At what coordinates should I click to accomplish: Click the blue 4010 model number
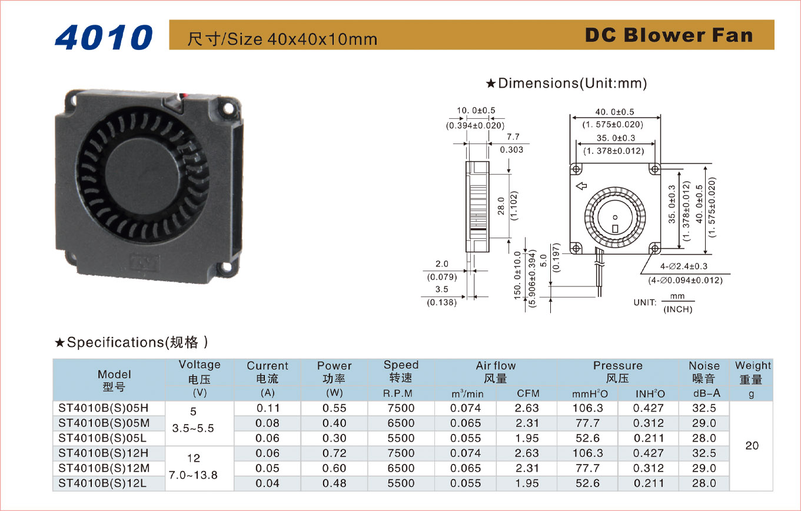pos(104,37)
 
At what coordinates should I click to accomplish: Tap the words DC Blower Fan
pos(669,35)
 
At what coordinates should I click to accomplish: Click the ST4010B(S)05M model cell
pos(104,423)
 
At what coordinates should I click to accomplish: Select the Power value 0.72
pos(334,453)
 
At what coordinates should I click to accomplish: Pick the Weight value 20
pos(752,446)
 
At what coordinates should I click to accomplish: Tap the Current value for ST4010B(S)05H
pos(267,408)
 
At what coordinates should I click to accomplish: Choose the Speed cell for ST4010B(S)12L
pos(401,483)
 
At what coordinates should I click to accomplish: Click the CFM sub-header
pos(528,393)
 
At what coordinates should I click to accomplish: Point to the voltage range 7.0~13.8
pos(193,475)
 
